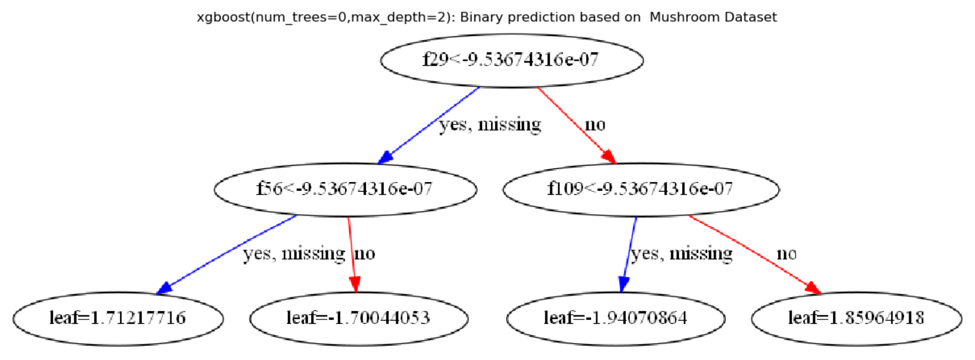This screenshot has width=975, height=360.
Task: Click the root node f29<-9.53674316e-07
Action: click(512, 60)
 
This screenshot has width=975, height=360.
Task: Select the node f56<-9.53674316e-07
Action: click(345, 189)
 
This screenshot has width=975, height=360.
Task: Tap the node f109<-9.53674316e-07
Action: click(640, 189)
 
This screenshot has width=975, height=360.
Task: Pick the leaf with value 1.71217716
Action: click(118, 318)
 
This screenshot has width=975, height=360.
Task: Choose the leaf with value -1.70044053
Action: click(358, 318)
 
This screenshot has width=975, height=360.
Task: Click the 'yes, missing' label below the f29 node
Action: click(490, 124)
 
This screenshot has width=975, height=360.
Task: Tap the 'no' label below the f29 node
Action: click(595, 124)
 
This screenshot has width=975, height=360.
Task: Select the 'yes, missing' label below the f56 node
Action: click(294, 254)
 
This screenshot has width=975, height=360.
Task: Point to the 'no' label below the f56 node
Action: click(365, 254)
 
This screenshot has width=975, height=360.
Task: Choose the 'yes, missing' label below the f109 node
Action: click(681, 254)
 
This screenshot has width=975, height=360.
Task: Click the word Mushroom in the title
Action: click(680, 17)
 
